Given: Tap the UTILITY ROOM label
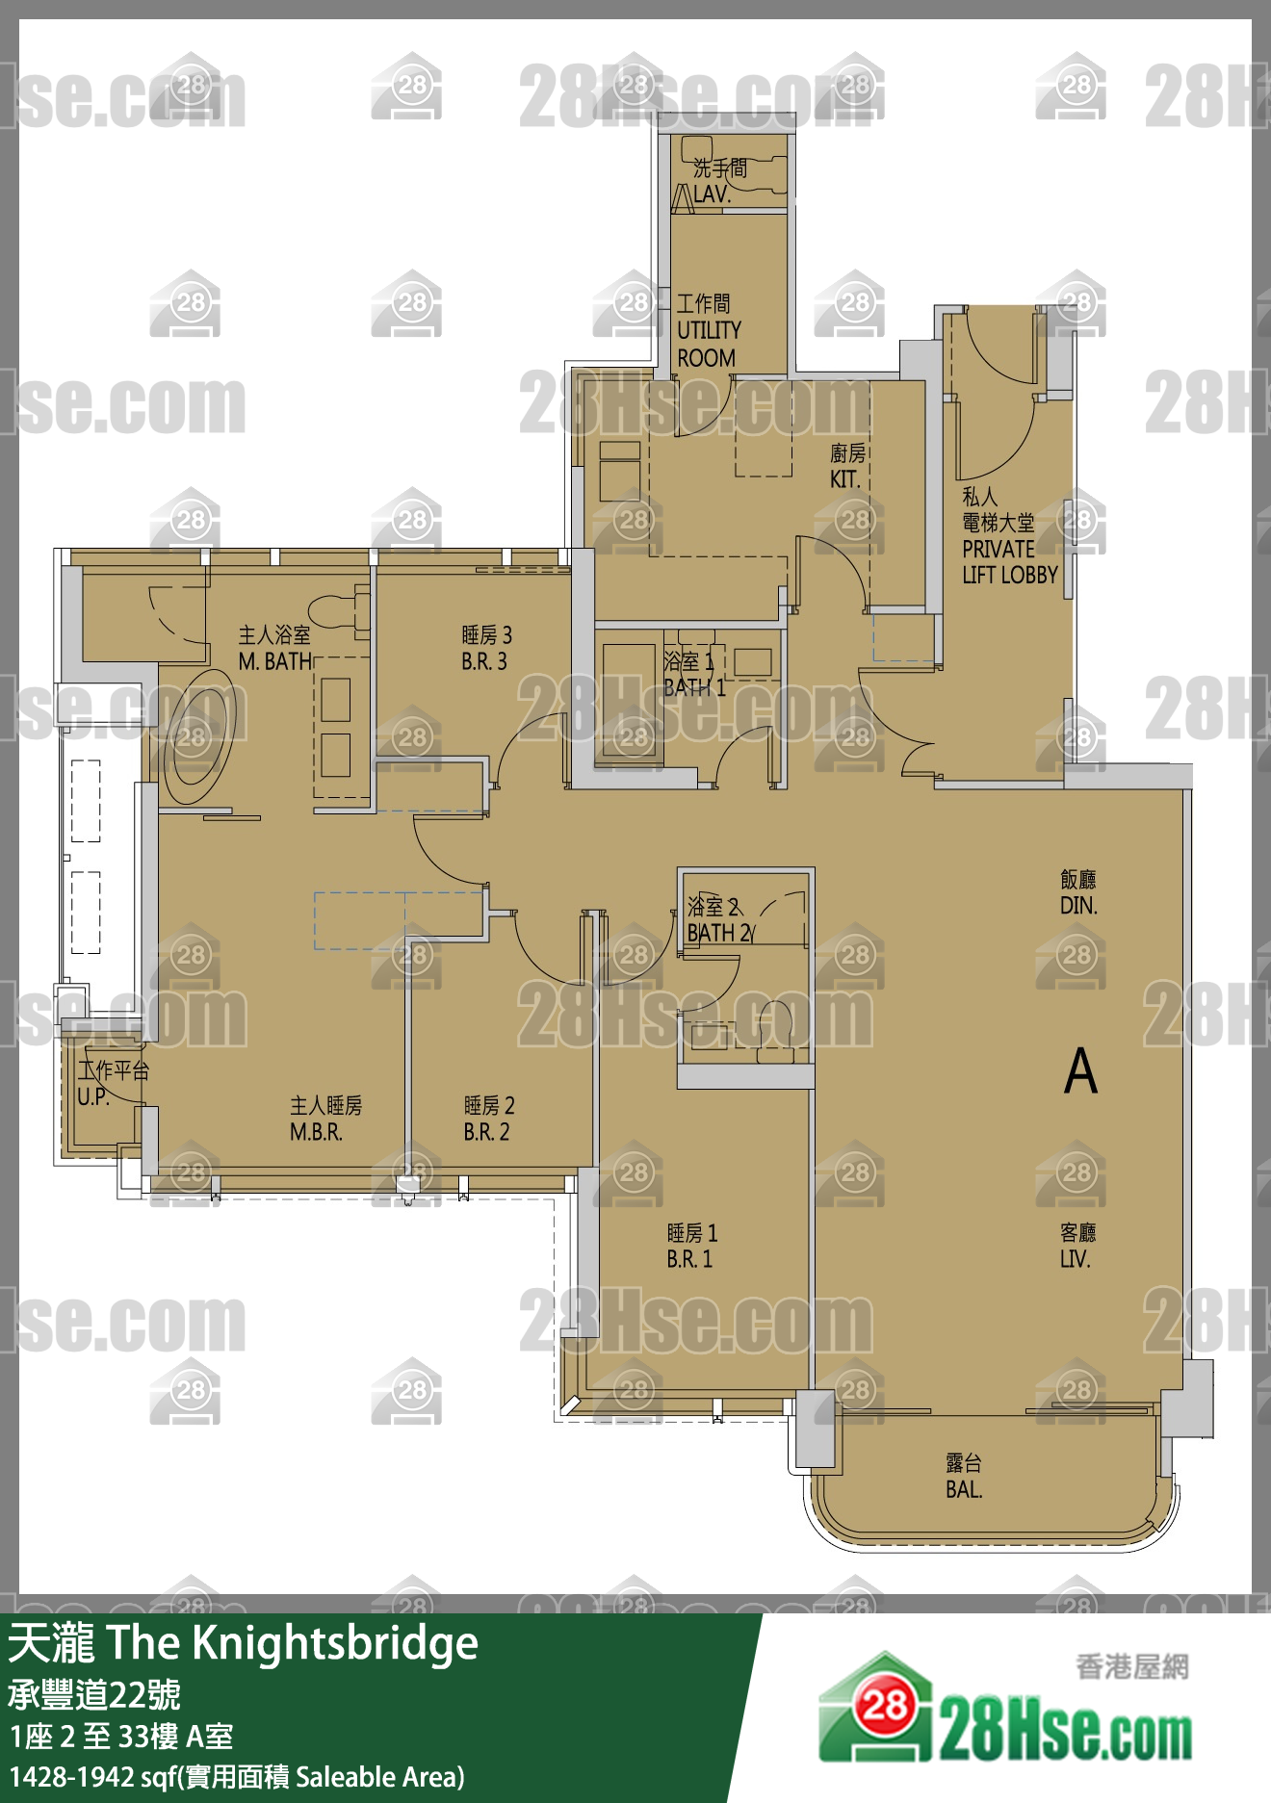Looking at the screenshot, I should pyautogui.click(x=708, y=331).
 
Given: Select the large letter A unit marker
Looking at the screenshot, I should pyautogui.click(x=1080, y=1070).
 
